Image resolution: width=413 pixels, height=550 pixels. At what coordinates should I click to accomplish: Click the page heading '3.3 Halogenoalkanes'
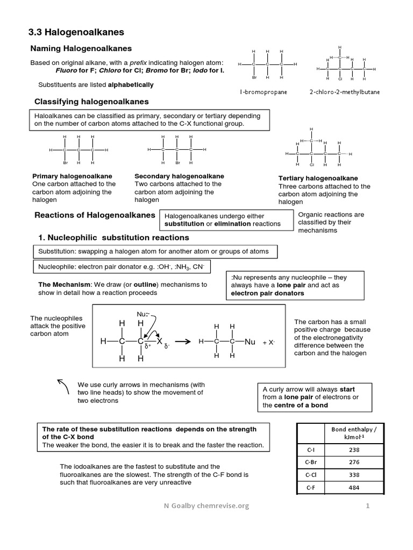point(76,33)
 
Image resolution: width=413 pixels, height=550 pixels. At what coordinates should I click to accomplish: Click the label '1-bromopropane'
point(263,92)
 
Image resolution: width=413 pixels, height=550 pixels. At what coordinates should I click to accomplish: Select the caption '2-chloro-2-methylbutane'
point(344,92)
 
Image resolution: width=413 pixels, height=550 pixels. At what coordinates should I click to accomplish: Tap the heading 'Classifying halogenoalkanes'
point(91,102)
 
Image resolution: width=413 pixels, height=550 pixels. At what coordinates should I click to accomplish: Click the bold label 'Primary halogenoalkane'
point(72,176)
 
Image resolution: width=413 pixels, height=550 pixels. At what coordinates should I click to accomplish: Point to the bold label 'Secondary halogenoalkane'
point(179,176)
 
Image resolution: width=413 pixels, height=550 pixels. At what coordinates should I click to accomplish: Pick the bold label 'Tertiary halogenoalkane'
point(318,178)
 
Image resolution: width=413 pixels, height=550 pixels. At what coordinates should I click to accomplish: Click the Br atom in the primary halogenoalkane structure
point(65,162)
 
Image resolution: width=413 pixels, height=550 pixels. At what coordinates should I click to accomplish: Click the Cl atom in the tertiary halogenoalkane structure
point(311,165)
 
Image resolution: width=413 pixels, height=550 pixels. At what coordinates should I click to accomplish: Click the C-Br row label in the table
point(311,462)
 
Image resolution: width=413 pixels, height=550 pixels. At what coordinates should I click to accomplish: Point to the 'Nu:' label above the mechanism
point(142,314)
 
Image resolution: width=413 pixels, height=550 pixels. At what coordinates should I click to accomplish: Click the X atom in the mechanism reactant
point(159,342)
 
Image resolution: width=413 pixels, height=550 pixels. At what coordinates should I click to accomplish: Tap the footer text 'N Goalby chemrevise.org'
point(206,505)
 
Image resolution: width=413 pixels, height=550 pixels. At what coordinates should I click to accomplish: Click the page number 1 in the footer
point(368,505)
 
